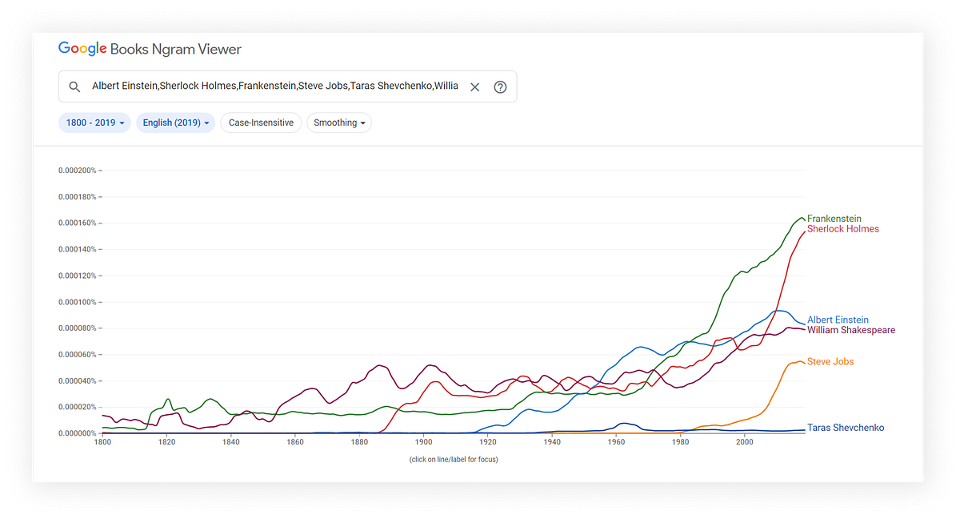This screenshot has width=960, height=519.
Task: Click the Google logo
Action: [82, 49]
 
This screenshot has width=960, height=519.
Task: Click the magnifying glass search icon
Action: [74, 86]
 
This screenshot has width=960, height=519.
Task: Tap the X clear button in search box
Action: [474, 86]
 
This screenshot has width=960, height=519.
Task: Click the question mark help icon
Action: [500, 86]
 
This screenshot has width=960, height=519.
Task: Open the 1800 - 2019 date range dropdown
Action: [94, 123]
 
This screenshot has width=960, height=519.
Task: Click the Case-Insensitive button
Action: [261, 123]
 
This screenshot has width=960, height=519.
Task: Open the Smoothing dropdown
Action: [339, 123]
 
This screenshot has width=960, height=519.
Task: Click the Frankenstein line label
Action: [834, 219]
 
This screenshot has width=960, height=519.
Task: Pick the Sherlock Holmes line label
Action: [842, 229]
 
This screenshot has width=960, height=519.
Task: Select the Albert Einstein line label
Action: [838, 320]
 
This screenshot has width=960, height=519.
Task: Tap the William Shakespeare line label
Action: [850, 330]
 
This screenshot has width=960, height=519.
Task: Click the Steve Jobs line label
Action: [830, 362]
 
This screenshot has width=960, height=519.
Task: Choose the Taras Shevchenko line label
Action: [845, 428]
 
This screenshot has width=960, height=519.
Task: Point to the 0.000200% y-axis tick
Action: [78, 171]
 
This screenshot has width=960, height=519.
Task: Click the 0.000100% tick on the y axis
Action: [78, 302]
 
